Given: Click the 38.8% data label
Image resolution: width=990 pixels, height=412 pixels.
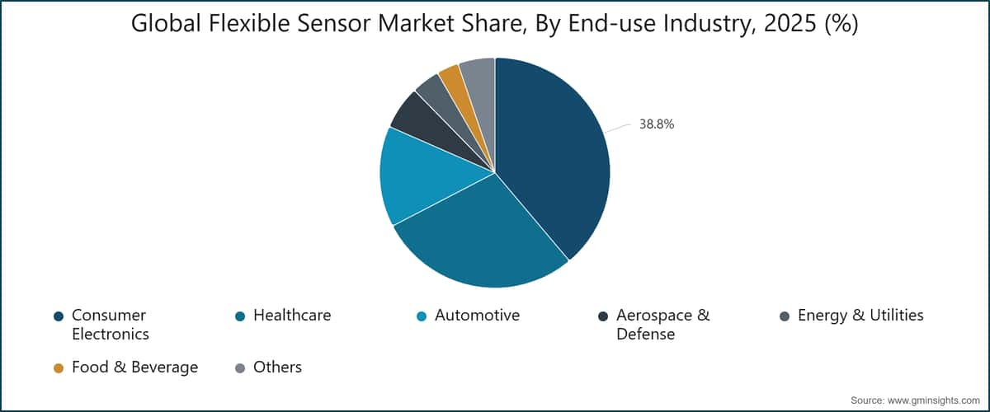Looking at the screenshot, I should pos(657,124).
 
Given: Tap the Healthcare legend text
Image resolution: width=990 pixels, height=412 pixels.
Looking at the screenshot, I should pos(292,315).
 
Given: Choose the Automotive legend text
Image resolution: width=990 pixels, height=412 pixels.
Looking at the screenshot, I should pos(477,315).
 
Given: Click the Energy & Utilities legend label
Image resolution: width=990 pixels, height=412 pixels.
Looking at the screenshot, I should pos(860,315).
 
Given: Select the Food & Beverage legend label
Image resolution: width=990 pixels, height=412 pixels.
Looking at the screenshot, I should pos(134,367).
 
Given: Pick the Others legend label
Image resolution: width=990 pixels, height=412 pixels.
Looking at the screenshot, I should pos(277,367).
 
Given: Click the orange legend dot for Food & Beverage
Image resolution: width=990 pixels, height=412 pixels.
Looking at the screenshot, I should pos(59,368).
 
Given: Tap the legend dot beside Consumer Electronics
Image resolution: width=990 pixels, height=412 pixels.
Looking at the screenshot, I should pos(59,316).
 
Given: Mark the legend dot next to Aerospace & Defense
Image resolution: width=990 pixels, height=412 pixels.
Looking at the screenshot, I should pos(603,316).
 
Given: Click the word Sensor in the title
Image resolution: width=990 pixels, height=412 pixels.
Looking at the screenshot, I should pos(327,25).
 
